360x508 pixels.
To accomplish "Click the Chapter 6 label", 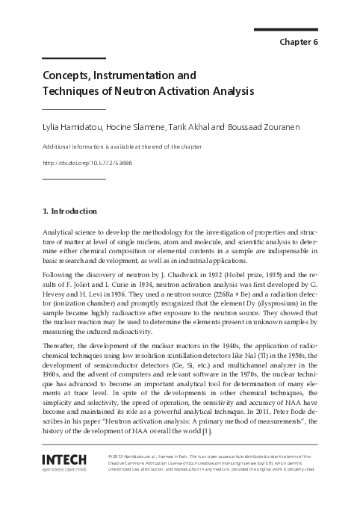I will (x=299, y=41).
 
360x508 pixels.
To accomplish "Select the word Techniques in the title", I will (x=70, y=91).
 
